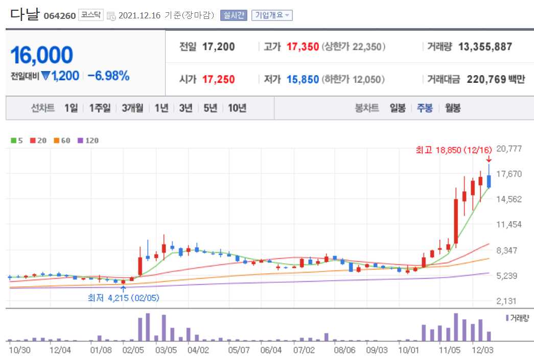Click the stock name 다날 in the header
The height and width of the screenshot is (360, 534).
(x=24, y=15)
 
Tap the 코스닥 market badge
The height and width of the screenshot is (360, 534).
(x=91, y=15)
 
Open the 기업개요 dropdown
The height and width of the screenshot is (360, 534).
(x=271, y=15)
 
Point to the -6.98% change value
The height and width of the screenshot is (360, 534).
(x=108, y=76)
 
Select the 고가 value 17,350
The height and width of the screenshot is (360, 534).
(x=303, y=47)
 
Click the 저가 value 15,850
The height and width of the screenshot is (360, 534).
(x=303, y=79)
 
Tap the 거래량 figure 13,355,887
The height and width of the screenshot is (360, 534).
(x=485, y=47)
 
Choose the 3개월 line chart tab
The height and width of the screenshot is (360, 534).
(x=132, y=108)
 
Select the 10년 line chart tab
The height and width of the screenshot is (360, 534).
(x=237, y=108)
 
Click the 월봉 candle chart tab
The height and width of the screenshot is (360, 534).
(x=453, y=108)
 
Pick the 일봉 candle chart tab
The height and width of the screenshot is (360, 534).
(x=398, y=108)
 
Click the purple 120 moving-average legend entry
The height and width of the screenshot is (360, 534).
(x=88, y=140)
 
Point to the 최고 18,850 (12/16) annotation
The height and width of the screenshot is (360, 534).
(x=453, y=150)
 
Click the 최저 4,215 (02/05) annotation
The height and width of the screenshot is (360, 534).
(x=123, y=298)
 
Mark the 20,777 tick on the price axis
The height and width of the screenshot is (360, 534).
(x=509, y=149)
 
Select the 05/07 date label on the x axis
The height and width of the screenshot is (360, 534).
(x=239, y=351)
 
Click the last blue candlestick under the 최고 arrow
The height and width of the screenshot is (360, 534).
(x=489, y=181)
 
